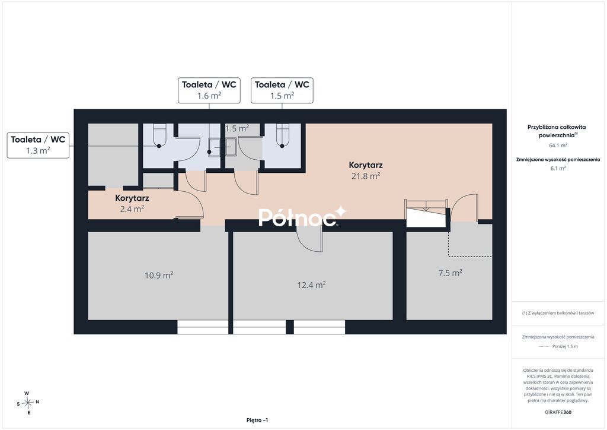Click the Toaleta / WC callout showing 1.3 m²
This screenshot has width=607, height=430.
38,145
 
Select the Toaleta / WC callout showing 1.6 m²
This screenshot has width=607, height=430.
209,90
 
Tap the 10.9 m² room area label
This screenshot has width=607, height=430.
159,276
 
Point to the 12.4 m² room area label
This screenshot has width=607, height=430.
311,285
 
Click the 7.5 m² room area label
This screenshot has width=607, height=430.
451,273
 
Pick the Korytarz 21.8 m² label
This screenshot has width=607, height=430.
366,170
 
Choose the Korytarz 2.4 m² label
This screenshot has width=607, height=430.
132,204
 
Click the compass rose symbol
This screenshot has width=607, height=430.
28,403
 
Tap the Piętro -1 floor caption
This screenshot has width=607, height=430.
257,420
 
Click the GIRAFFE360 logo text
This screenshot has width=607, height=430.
558,412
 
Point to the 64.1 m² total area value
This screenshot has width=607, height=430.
558,146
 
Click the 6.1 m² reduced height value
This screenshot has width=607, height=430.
558,168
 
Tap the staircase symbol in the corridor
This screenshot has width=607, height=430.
426,213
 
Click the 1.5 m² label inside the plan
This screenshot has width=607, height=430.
237,128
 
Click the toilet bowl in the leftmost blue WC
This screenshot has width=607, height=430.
159,135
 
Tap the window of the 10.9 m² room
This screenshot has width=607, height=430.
203,327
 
